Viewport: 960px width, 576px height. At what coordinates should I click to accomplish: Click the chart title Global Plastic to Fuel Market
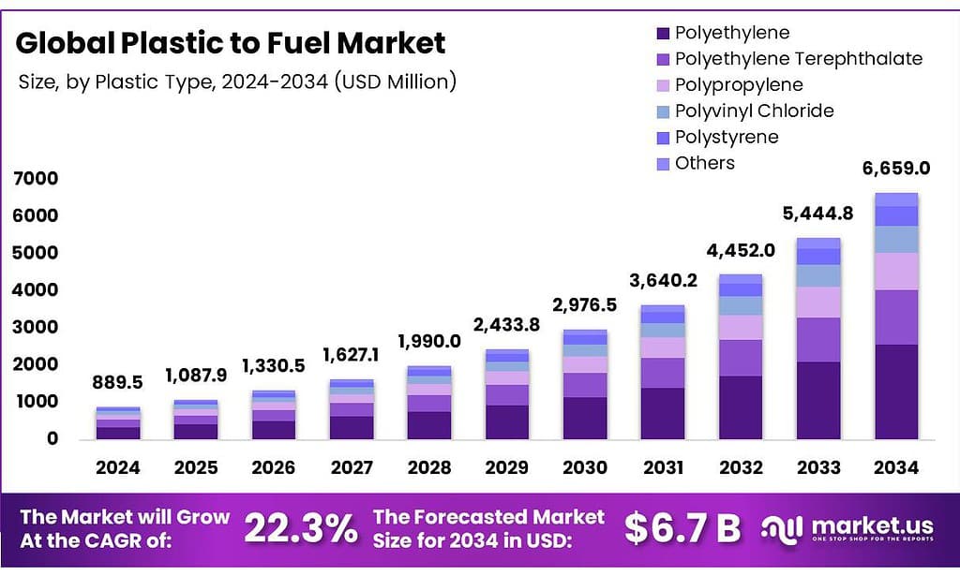[x=231, y=43]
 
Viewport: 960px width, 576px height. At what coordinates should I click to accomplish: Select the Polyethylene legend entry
[x=732, y=33]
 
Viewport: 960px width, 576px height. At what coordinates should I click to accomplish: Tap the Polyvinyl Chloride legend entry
[x=754, y=111]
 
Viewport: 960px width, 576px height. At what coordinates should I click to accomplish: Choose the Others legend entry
[x=704, y=163]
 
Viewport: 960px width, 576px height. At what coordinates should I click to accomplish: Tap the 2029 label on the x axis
[x=506, y=466]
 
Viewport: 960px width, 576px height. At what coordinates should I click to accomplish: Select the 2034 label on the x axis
[x=895, y=466]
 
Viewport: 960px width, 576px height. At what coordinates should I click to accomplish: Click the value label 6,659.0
[x=895, y=169]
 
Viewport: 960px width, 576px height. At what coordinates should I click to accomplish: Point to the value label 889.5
[x=117, y=382]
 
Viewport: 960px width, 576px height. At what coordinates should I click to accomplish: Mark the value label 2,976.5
[x=584, y=305]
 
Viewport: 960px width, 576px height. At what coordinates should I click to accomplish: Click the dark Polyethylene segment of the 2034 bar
[x=895, y=391]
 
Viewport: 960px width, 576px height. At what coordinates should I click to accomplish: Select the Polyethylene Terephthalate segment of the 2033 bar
[x=817, y=340]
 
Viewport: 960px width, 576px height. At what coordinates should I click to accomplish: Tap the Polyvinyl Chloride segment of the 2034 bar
[x=895, y=240]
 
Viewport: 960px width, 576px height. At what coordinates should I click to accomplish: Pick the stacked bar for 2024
[x=117, y=423]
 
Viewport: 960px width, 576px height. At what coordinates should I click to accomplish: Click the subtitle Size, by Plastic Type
[x=237, y=81]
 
